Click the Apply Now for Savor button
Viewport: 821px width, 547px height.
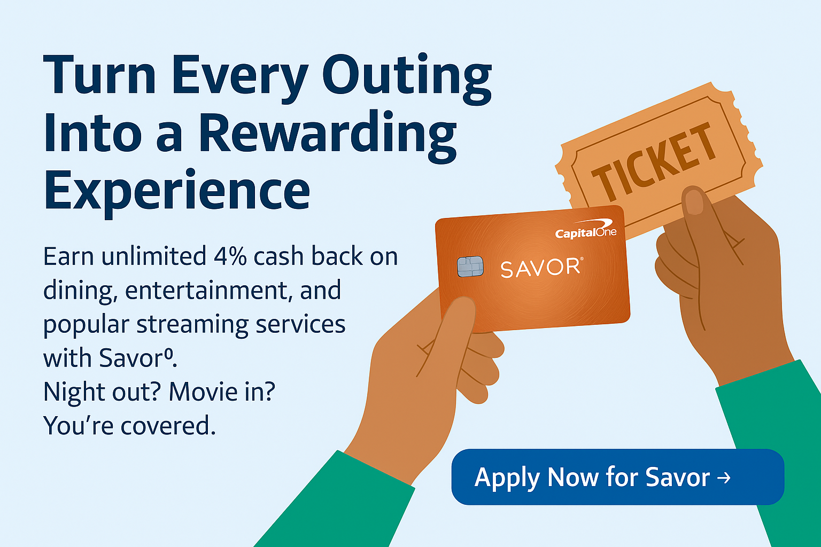coord(617,477)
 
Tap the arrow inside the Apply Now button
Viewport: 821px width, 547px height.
coord(724,478)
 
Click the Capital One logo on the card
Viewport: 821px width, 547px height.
coord(585,229)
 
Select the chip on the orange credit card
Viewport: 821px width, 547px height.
coord(470,267)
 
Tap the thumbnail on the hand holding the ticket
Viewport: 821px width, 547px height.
coord(694,202)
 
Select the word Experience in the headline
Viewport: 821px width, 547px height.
coord(177,192)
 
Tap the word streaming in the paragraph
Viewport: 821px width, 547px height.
coord(193,325)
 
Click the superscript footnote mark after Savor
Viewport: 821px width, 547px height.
coord(168,353)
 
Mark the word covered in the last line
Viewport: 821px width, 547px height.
coord(168,426)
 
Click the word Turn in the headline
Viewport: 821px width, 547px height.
coord(100,75)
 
